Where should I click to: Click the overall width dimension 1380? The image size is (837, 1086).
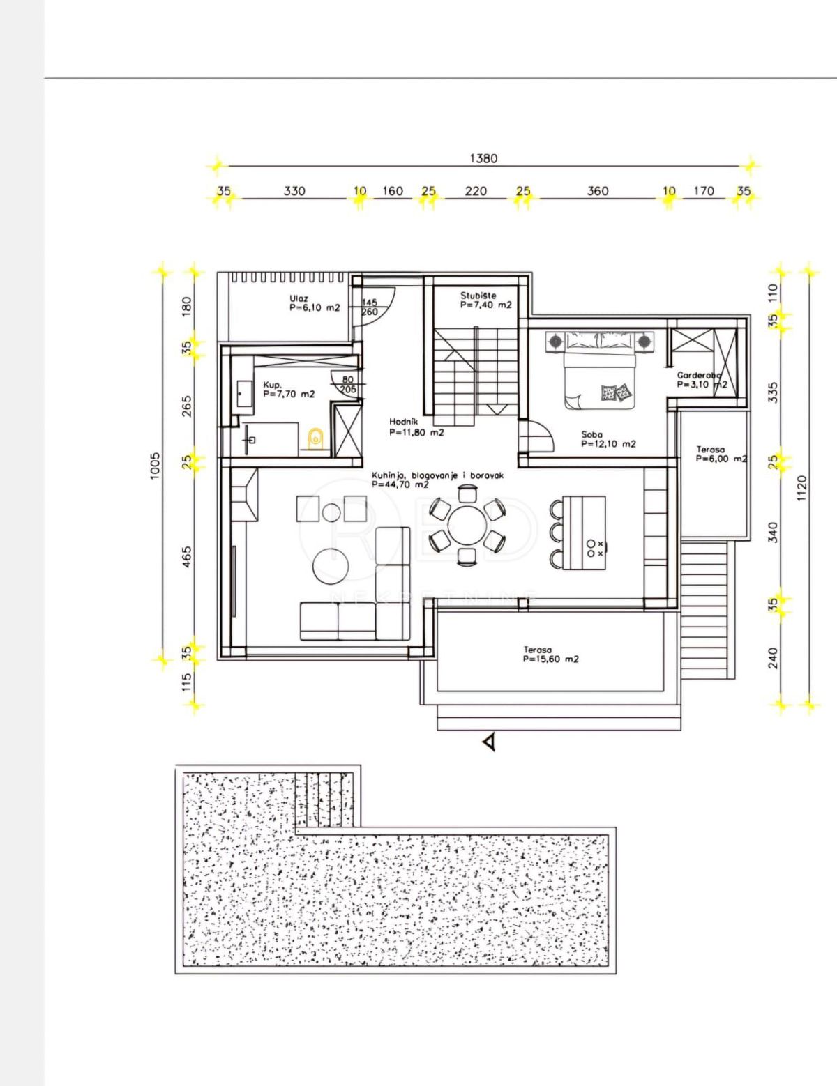[483, 158]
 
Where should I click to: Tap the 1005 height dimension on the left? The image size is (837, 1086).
[155, 465]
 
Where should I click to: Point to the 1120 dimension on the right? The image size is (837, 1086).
[801, 488]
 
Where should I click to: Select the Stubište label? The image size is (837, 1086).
[478, 296]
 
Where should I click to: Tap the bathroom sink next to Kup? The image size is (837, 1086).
[244, 394]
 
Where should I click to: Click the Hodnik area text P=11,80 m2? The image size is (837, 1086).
[416, 432]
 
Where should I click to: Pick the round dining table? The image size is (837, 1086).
[467, 526]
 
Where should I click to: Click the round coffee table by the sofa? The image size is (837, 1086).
[331, 565]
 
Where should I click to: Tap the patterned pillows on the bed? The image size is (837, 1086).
[616, 392]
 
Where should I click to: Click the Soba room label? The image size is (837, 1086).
[592, 434]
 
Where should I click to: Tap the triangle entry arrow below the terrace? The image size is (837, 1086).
[490, 742]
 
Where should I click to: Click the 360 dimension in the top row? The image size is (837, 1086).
[597, 191]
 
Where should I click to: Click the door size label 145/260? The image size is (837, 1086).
[370, 307]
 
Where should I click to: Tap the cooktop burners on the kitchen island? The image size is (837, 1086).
[596, 548]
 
